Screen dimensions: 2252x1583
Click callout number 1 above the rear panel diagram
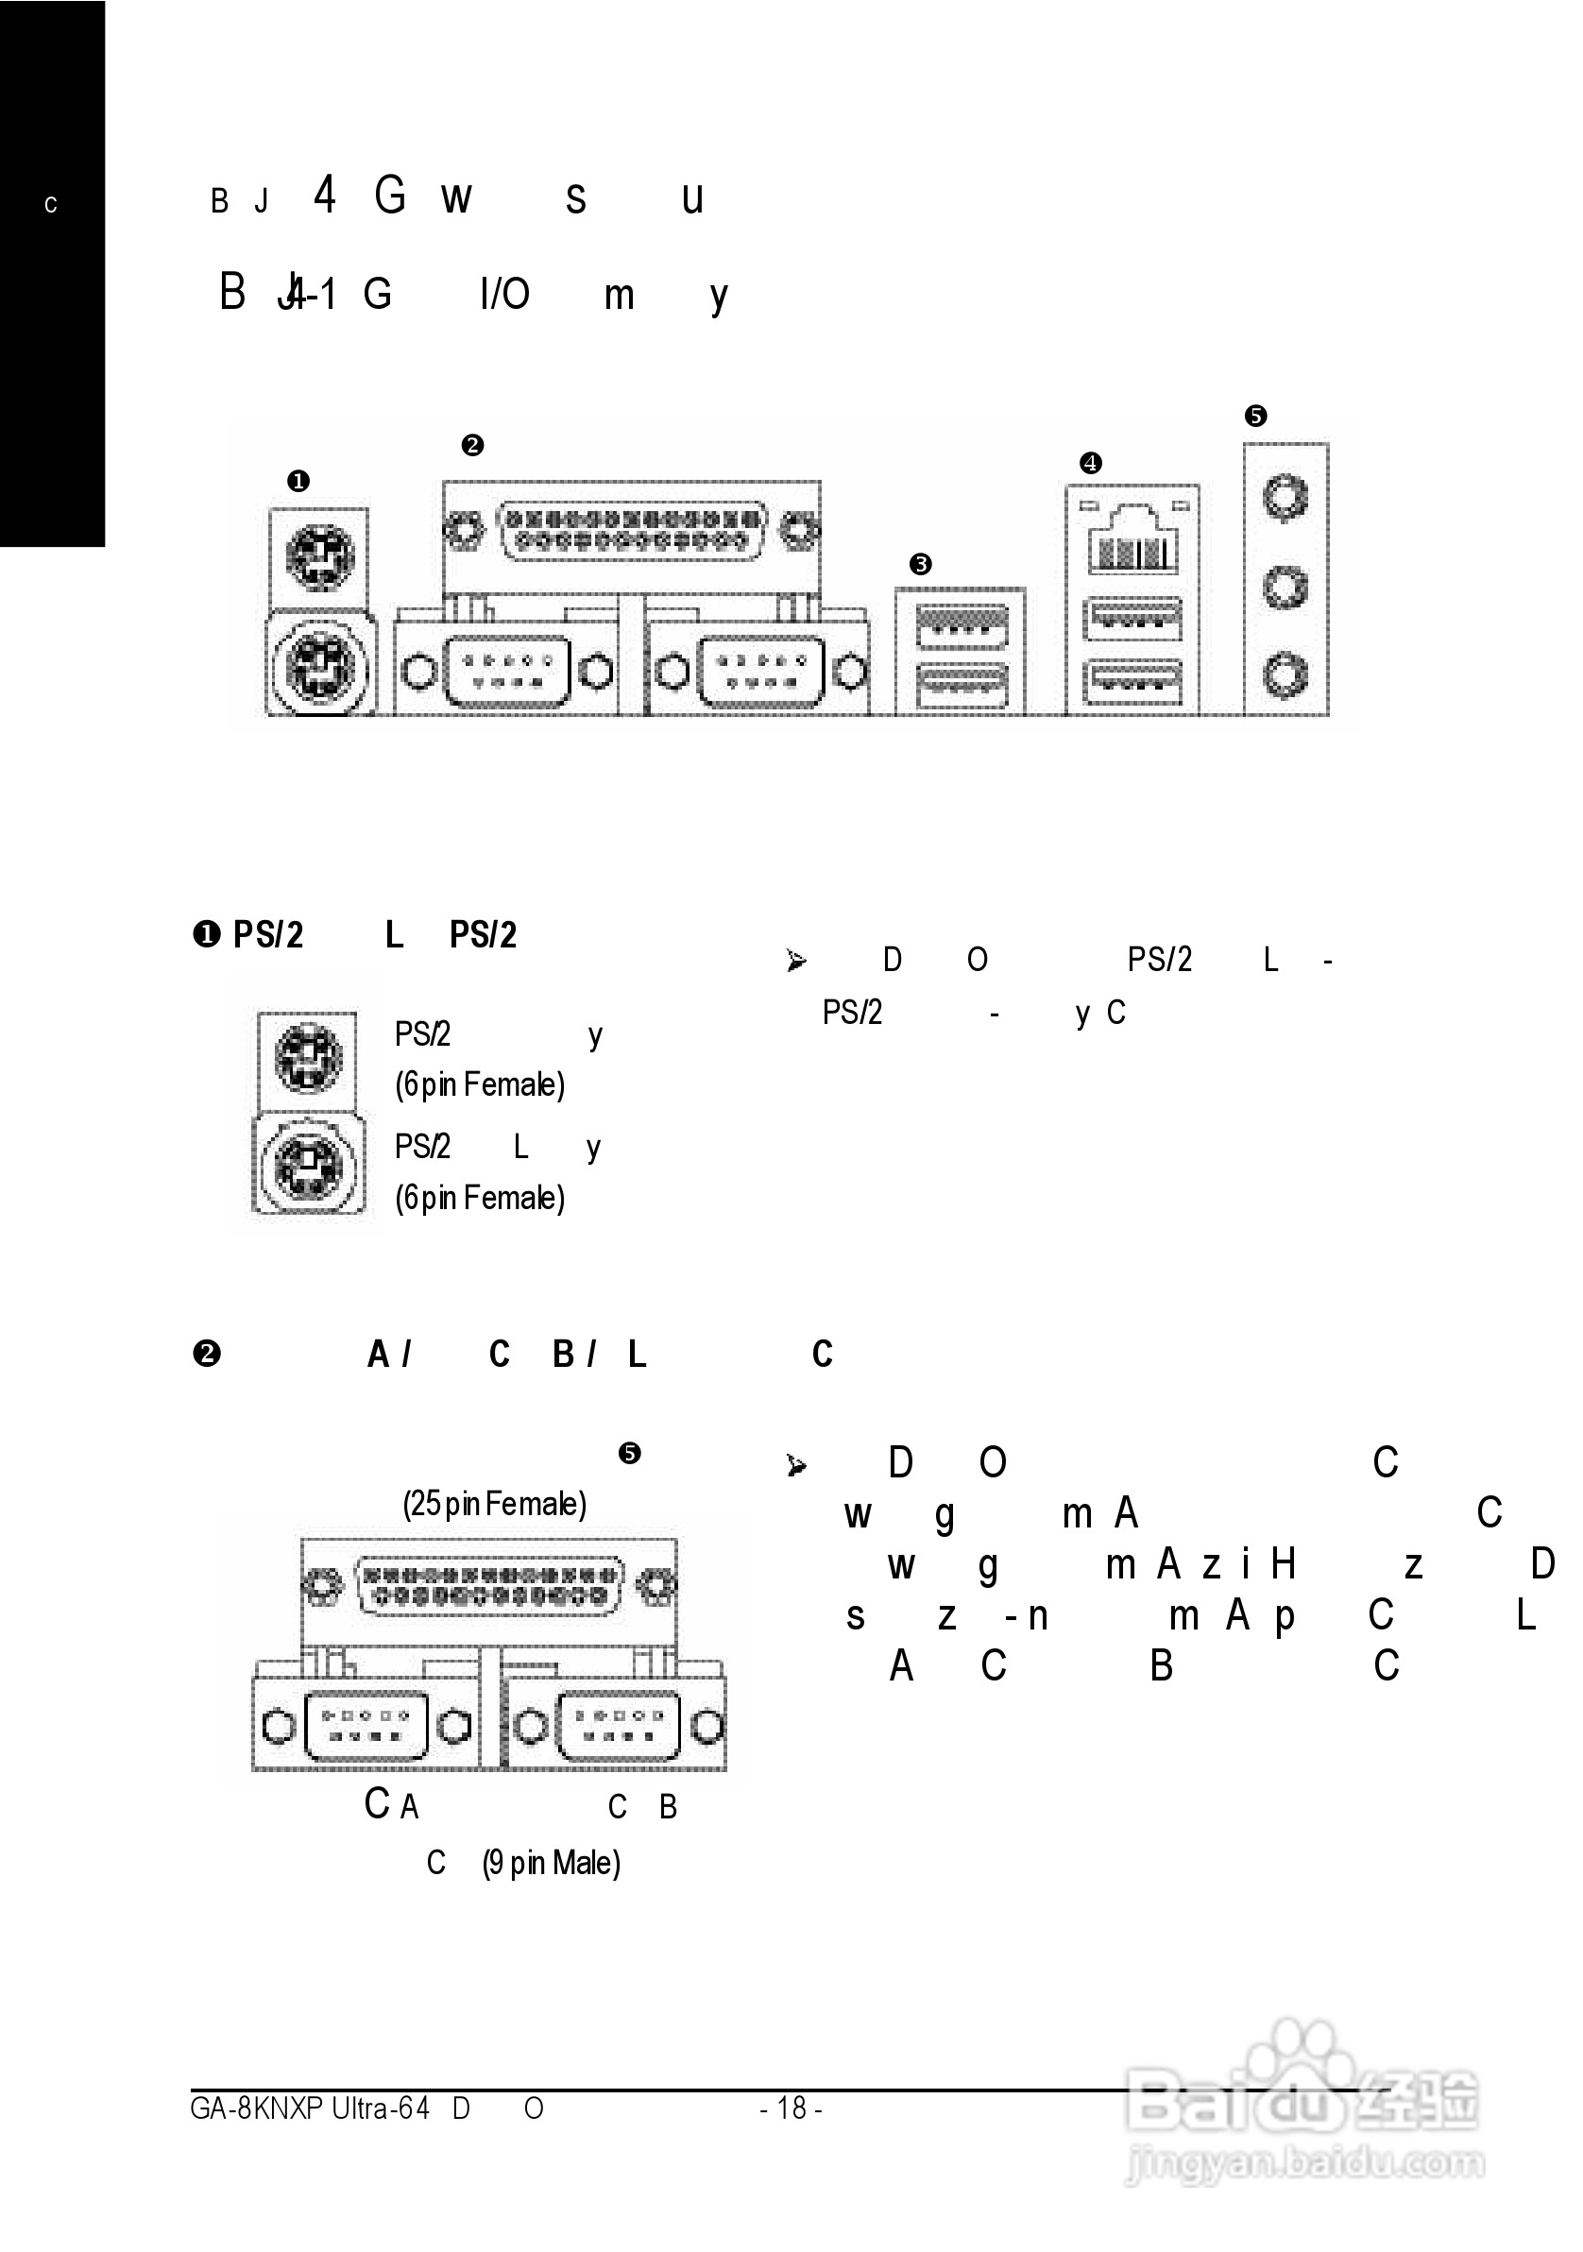[x=298, y=481]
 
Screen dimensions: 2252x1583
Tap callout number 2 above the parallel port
[x=471, y=445]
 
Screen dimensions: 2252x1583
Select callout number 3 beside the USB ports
[x=920, y=564]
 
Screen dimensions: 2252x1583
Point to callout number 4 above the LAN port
[x=1091, y=463]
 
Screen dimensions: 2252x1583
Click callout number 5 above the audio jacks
[x=1255, y=416]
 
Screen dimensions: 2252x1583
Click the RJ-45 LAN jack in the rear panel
[x=1132, y=541]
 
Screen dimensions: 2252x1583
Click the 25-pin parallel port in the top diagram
[x=632, y=531]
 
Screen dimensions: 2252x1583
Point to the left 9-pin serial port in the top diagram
[x=507, y=672]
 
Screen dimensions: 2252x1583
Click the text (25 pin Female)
[x=494, y=1504]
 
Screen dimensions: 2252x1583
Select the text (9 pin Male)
[x=552, y=1863]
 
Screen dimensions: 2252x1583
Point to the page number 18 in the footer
[x=791, y=2107]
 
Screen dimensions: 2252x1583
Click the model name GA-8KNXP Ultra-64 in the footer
[x=310, y=2107]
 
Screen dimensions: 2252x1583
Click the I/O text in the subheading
[x=505, y=294]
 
